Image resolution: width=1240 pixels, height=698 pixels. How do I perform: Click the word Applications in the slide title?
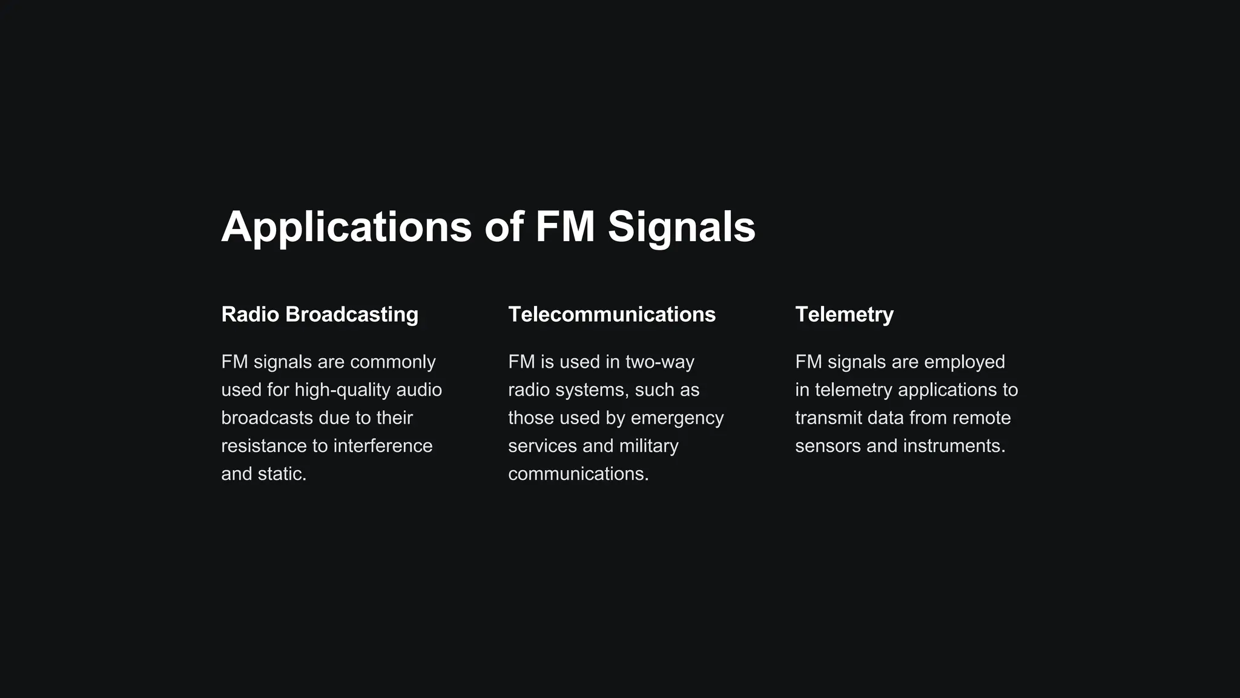point(346,227)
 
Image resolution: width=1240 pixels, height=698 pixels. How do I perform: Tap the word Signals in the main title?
point(681,227)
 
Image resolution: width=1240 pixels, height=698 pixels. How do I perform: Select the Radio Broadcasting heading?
point(320,314)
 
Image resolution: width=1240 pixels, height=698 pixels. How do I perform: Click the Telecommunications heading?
point(612,314)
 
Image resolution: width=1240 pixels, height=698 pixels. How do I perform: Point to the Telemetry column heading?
point(844,314)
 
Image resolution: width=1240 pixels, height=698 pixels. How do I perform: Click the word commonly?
point(392,362)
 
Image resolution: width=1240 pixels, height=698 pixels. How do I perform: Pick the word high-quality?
point(343,390)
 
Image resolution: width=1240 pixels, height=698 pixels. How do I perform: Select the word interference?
point(383,446)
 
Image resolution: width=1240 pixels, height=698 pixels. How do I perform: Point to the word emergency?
point(677,418)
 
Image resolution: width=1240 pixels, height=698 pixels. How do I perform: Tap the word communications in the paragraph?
point(578,474)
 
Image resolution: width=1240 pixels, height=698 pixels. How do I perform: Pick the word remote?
point(981,418)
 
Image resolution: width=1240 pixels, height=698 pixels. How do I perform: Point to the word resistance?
point(263,446)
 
